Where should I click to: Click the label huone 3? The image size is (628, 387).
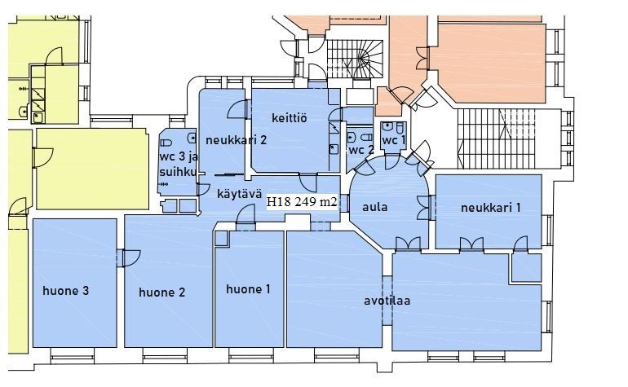pyautogui.click(x=66, y=291)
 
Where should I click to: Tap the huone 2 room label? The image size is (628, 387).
pyautogui.click(x=161, y=292)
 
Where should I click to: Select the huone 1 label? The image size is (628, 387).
pyautogui.click(x=248, y=289)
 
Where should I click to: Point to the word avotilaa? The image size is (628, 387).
pyautogui.click(x=387, y=301)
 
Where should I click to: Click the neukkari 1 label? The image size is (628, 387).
pyautogui.click(x=491, y=208)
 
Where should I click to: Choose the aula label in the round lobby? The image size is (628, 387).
pyautogui.click(x=375, y=207)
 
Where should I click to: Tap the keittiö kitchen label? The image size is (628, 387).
pyautogui.click(x=290, y=118)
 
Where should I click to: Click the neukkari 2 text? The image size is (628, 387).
pyautogui.click(x=236, y=140)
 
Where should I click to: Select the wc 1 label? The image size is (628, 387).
pyautogui.click(x=394, y=140)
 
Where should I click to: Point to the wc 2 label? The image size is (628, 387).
pyautogui.click(x=361, y=151)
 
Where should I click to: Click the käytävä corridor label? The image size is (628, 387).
pyautogui.click(x=240, y=194)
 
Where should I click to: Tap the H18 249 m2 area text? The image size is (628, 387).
pyautogui.click(x=302, y=202)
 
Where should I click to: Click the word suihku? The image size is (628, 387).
pyautogui.click(x=178, y=172)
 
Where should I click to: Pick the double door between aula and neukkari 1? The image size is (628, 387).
pyautogui.click(x=425, y=208)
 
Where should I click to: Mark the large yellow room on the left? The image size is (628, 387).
pyautogui.click(x=92, y=169)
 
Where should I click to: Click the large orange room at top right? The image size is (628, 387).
pyautogui.click(x=493, y=63)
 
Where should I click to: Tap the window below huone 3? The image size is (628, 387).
pyautogui.click(x=73, y=355)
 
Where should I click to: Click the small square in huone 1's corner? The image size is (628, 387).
pyautogui.click(x=222, y=239)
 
